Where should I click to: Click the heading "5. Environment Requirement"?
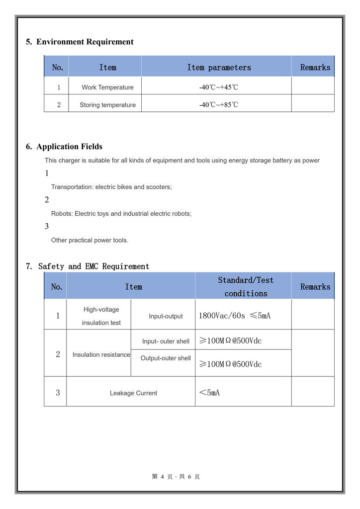click(80, 42)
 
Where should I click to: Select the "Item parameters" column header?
click(219, 68)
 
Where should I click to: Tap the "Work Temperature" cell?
click(107, 87)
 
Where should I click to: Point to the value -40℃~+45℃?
click(219, 87)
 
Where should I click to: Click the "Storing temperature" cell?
click(107, 105)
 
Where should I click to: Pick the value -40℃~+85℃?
click(219, 105)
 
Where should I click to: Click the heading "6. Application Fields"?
click(64, 147)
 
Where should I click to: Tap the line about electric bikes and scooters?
click(111, 187)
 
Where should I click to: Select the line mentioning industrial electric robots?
click(121, 214)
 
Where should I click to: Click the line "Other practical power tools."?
click(90, 240)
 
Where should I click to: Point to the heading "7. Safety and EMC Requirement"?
click(88, 266)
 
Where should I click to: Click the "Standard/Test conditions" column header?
click(246, 287)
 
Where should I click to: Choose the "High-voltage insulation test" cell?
click(101, 316)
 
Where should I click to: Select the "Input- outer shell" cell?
click(166, 341)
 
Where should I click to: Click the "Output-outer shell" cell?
click(166, 358)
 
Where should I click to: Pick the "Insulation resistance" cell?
click(101, 355)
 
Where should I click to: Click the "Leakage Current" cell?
click(133, 393)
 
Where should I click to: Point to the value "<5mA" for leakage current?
click(209, 393)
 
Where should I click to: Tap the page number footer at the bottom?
click(176, 477)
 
